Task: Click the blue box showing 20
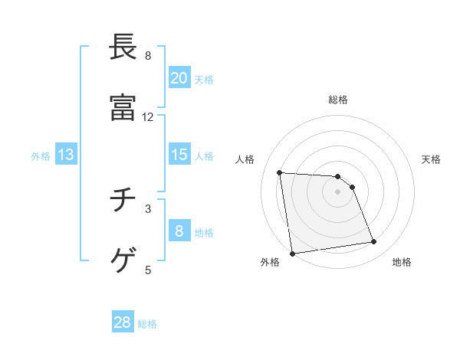tap(179, 78)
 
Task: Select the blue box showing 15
tap(179, 155)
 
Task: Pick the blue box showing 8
tap(179, 231)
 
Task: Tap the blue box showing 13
tap(66, 155)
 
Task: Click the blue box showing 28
tap(123, 322)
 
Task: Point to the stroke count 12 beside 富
tap(148, 117)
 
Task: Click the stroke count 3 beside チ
tap(148, 208)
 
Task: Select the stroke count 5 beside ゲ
tap(148, 270)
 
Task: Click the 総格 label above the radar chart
tap(338, 100)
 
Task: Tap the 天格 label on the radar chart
tap(431, 159)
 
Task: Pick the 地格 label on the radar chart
tap(402, 262)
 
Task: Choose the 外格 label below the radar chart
tap(270, 262)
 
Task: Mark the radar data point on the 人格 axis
tap(280, 172)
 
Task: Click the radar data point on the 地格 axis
tap(374, 242)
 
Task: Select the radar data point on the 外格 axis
tap(292, 253)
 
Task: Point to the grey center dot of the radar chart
tap(338, 191)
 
